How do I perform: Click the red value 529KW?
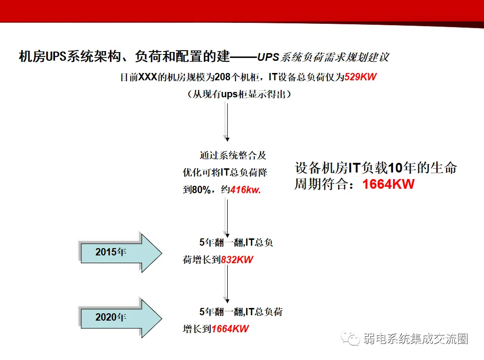tap(361, 77)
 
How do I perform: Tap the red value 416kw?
tap(246, 190)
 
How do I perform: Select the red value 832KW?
tap(237, 260)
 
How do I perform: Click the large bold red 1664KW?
tap(388, 185)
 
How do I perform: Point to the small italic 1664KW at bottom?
tap(230, 329)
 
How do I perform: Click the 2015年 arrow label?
tap(110, 252)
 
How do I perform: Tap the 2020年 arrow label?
tap(110, 317)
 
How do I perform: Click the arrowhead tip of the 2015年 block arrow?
tap(161, 252)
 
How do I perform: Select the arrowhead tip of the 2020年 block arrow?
tap(161, 317)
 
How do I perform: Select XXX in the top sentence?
tap(149, 77)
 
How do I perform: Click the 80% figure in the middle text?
tap(200, 190)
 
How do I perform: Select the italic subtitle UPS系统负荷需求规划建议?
tap(323, 57)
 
